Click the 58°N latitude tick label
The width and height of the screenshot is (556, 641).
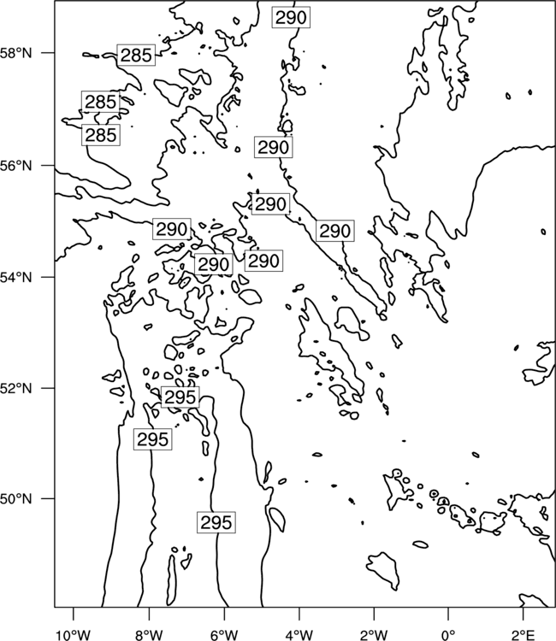(x=16, y=53)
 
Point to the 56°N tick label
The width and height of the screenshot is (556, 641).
(x=16, y=166)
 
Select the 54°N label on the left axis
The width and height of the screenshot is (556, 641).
(x=16, y=277)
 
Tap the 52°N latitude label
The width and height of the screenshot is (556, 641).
(x=16, y=388)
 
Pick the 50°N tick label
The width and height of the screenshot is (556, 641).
(x=16, y=499)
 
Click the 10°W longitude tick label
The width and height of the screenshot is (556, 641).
(x=74, y=635)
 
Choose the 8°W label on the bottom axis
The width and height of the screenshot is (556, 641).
(x=149, y=635)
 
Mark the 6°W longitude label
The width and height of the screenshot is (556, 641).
(x=224, y=635)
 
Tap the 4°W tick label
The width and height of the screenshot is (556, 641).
(x=299, y=635)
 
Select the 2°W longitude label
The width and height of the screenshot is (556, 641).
(x=374, y=635)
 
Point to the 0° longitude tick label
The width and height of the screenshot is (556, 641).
(x=448, y=635)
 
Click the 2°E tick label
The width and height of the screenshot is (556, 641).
(x=523, y=635)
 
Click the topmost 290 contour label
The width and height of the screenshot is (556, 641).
(x=291, y=18)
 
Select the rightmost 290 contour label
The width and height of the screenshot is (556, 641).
(x=335, y=231)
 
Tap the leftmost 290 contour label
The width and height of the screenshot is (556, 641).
(x=172, y=229)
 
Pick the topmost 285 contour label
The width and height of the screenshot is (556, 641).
(x=136, y=55)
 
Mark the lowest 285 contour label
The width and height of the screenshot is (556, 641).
(x=101, y=135)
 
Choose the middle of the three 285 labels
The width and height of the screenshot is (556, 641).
(x=101, y=102)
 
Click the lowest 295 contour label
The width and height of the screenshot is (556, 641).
(x=216, y=522)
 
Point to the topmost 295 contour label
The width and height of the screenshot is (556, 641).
(x=180, y=397)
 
